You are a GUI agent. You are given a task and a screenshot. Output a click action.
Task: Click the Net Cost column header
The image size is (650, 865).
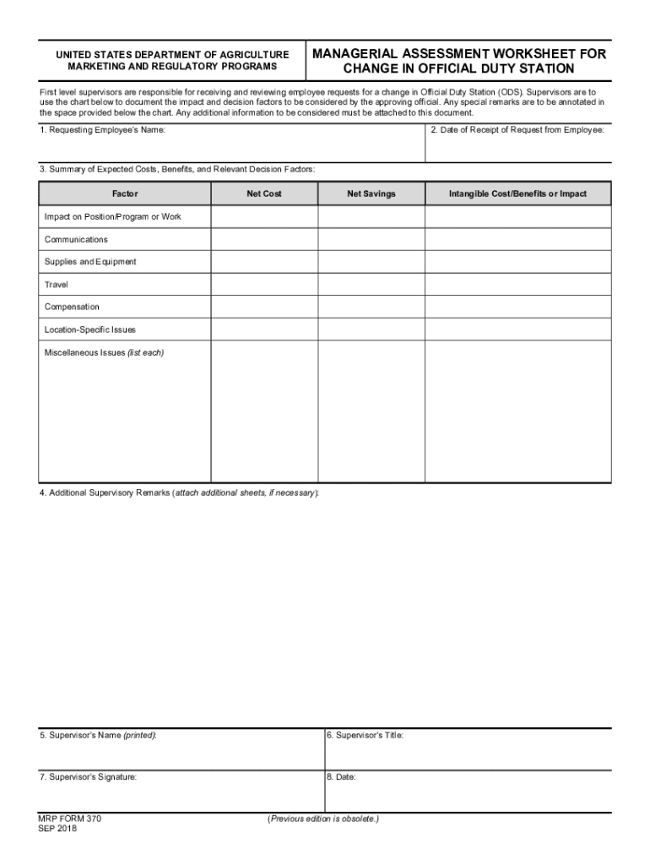click(264, 194)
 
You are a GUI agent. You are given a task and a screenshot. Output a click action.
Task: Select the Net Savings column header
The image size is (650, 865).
click(371, 194)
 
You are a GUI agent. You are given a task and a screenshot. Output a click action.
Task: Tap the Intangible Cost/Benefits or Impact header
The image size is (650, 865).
click(517, 194)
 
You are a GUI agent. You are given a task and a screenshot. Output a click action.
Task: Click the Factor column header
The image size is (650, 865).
click(125, 194)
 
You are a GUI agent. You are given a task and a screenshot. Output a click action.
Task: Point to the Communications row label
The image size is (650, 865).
click(76, 240)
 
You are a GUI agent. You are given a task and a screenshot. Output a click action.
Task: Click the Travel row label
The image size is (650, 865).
click(57, 285)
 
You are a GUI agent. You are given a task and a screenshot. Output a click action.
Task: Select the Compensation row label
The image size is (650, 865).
click(72, 307)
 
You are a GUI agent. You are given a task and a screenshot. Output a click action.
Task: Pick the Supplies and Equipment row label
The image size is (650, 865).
click(90, 262)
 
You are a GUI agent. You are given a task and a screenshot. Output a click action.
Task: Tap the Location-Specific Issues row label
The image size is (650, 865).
click(89, 329)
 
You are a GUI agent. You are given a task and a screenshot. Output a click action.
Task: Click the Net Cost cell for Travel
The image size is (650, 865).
click(264, 285)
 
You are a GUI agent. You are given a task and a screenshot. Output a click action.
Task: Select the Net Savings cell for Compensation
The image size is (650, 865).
click(371, 307)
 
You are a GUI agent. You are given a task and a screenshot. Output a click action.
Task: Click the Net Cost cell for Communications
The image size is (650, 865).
click(264, 240)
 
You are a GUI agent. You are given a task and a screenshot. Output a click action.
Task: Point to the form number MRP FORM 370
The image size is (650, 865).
click(70, 819)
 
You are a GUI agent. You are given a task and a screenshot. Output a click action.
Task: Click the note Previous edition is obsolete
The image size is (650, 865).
click(323, 819)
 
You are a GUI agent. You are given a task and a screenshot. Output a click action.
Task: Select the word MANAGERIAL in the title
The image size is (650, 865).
click(355, 54)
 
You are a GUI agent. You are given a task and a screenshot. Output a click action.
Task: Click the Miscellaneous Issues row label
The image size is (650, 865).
click(104, 352)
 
